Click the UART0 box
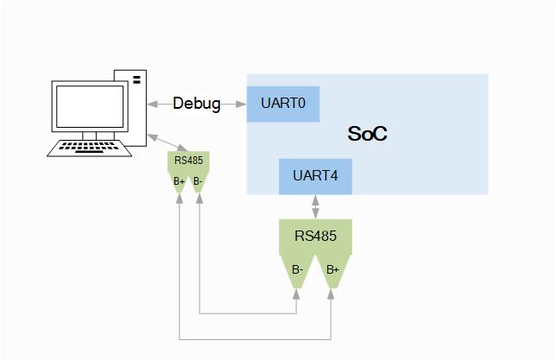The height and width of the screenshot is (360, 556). click(x=283, y=104)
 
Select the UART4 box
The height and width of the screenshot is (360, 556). click(x=315, y=176)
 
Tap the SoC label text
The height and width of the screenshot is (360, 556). click(x=367, y=134)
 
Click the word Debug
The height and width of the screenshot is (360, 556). click(x=196, y=104)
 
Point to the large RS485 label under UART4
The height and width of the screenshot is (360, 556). click(x=315, y=235)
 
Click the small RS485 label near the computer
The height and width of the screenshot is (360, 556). click(x=189, y=160)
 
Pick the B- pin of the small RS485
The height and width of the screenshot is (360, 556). click(x=199, y=181)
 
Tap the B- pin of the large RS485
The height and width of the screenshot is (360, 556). click(x=297, y=270)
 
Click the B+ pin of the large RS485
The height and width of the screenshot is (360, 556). click(x=332, y=270)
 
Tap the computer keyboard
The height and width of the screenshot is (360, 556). click(x=90, y=148)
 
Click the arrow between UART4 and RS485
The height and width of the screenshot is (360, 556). click(x=315, y=206)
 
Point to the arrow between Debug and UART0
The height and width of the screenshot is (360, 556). click(x=235, y=104)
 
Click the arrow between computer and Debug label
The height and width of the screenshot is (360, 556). click(x=159, y=104)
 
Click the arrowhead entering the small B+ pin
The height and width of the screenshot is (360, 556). click(x=180, y=198)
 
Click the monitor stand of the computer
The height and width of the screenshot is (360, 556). click(x=87, y=136)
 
